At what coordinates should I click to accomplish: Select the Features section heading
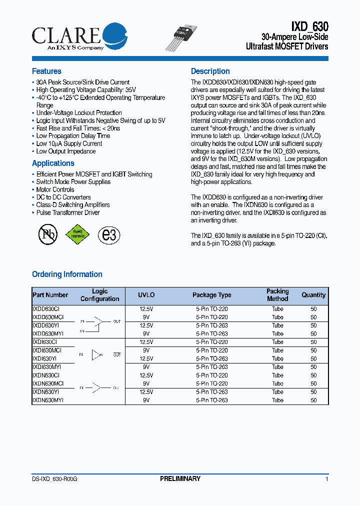[x=46, y=71]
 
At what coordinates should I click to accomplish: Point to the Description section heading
[x=210, y=71]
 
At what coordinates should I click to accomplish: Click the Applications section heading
[x=53, y=163]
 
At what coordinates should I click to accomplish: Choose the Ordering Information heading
[x=67, y=274]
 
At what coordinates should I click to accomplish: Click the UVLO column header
[x=146, y=295]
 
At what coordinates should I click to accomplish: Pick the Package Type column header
[x=212, y=295]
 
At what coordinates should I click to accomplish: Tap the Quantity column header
[x=313, y=295]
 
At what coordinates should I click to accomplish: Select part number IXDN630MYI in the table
[x=48, y=400]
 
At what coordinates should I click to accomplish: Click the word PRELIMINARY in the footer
[x=180, y=479]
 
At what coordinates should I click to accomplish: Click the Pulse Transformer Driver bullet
[x=67, y=212]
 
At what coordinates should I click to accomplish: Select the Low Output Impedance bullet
[x=65, y=151]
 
